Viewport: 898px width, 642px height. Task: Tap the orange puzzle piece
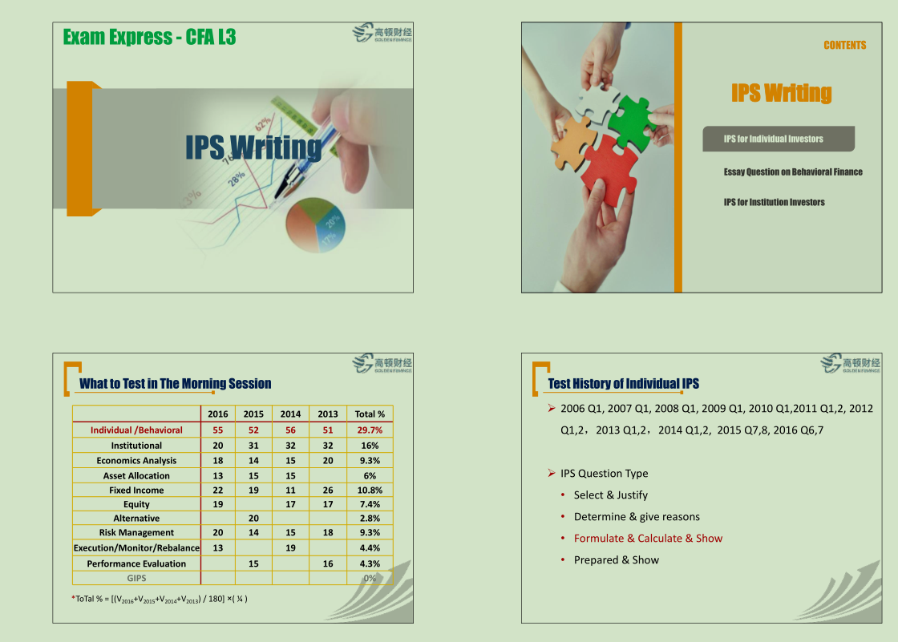coord(572,143)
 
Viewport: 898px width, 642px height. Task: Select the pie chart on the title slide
coord(316,224)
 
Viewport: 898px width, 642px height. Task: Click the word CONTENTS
coord(845,45)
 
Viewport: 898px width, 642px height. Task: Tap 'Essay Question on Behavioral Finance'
coord(793,172)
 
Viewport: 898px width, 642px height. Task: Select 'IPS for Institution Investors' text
coord(774,202)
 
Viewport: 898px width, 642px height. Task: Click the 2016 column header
coord(217,414)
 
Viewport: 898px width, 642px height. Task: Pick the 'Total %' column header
coord(370,414)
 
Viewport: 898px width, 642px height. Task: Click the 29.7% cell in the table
coord(370,430)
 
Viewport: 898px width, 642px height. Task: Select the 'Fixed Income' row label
coord(136,491)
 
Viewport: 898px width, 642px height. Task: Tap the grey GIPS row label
coord(136,579)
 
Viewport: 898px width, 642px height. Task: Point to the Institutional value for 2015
coord(253,446)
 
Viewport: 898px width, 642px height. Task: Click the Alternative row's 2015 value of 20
coord(253,519)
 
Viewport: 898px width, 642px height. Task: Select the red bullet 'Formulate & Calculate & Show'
coord(648,539)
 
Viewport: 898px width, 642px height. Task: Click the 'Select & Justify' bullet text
coord(610,495)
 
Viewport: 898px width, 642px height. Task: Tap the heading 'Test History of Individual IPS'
coord(623,384)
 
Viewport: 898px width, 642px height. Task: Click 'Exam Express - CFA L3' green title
coord(149,37)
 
